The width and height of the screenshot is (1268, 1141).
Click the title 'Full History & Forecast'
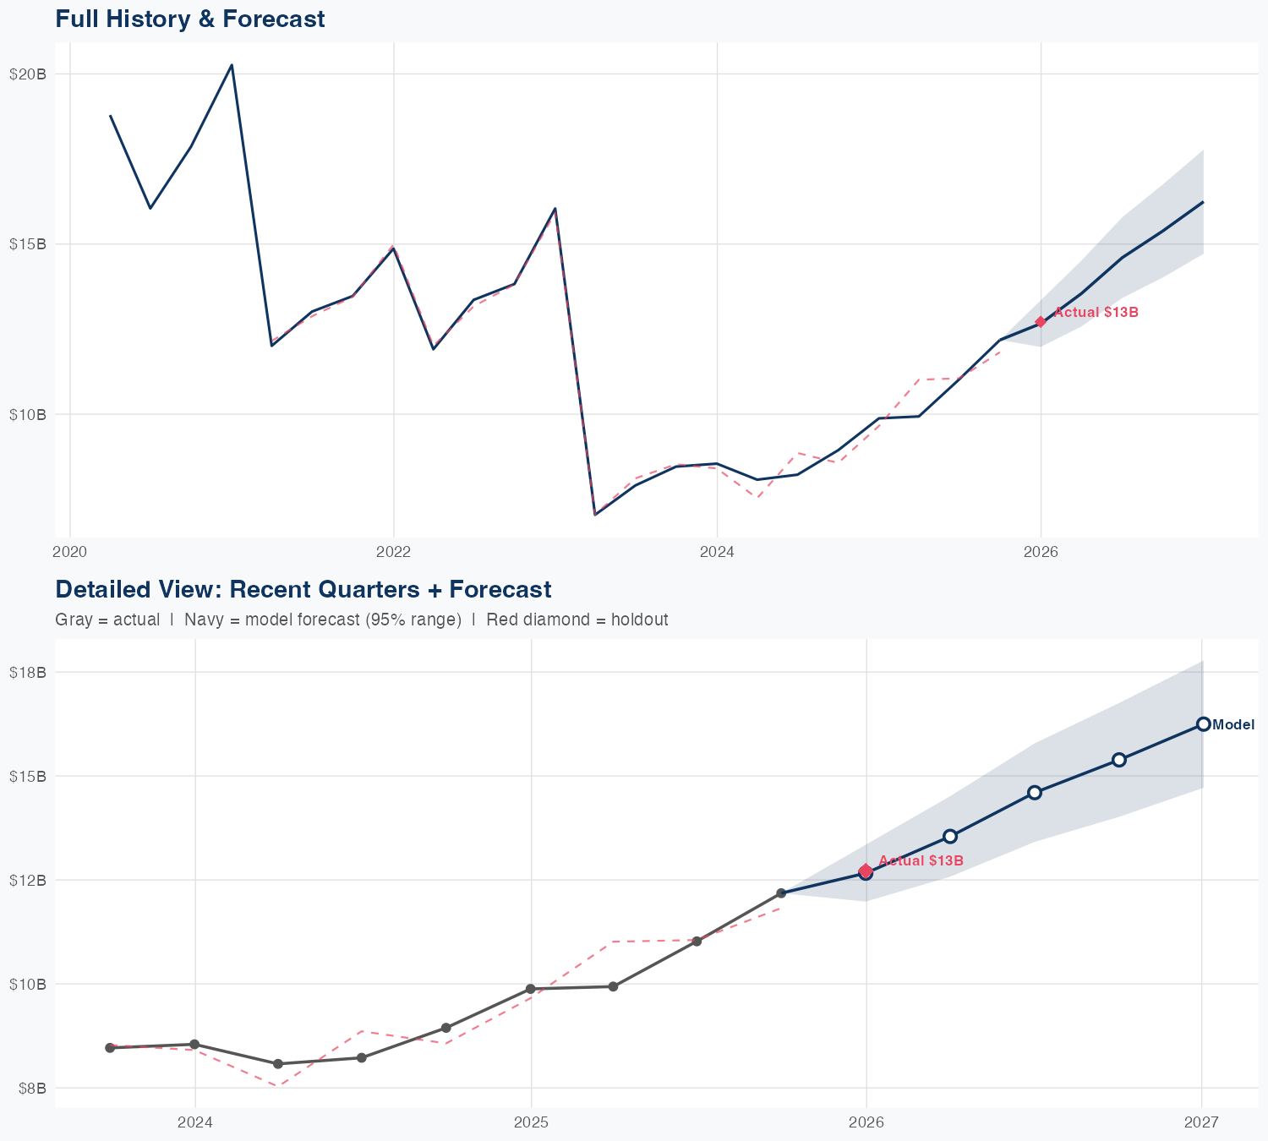pos(189,19)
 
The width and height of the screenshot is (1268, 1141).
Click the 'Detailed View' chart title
pos(303,589)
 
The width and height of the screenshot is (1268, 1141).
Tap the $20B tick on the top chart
pos(27,74)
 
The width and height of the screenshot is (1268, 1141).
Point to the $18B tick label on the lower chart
pos(27,673)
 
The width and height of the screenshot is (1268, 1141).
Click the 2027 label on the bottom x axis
pos(1201,1122)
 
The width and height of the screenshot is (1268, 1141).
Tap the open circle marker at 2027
pos(1203,724)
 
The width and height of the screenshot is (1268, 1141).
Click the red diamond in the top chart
pos(1041,322)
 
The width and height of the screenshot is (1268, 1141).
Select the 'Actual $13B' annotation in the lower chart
pos(921,861)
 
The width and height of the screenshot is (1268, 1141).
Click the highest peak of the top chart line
pos(232,64)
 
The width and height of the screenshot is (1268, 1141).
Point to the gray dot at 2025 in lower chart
pos(531,989)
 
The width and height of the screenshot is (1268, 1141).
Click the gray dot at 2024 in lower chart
pos(194,1045)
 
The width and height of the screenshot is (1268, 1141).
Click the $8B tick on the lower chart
pos(30,1088)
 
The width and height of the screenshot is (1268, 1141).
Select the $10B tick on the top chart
pos(27,414)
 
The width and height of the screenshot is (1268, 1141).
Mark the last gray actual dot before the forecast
pos(781,893)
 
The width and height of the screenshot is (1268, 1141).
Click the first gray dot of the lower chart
pos(110,1048)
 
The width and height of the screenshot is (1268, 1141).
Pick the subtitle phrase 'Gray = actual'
pos(107,620)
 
